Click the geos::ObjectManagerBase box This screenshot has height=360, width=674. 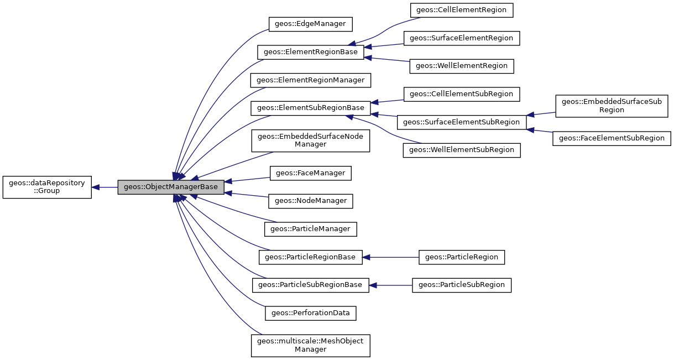[171, 187]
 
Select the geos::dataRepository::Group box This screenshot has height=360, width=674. [47, 187]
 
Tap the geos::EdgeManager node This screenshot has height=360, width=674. [310, 24]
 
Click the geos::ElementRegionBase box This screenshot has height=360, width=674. [310, 53]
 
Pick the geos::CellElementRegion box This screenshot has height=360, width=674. [462, 10]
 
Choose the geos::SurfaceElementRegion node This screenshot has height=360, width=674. [462, 38]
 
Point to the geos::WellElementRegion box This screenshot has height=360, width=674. [462, 66]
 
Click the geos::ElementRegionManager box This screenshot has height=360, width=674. [310, 80]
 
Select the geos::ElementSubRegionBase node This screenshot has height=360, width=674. [310, 108]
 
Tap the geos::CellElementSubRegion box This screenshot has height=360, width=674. [462, 94]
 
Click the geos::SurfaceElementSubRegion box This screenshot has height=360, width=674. [462, 122]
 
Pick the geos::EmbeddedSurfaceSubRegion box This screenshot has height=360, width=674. [612, 106]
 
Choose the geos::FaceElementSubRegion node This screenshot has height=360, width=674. [612, 138]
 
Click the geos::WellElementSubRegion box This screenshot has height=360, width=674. [462, 150]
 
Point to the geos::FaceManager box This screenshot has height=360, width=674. [310, 173]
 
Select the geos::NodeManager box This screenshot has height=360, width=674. [310, 201]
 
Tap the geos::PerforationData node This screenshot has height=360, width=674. [310, 313]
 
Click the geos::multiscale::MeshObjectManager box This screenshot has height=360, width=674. [310, 345]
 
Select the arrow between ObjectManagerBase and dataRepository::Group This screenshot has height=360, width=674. [105, 187]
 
